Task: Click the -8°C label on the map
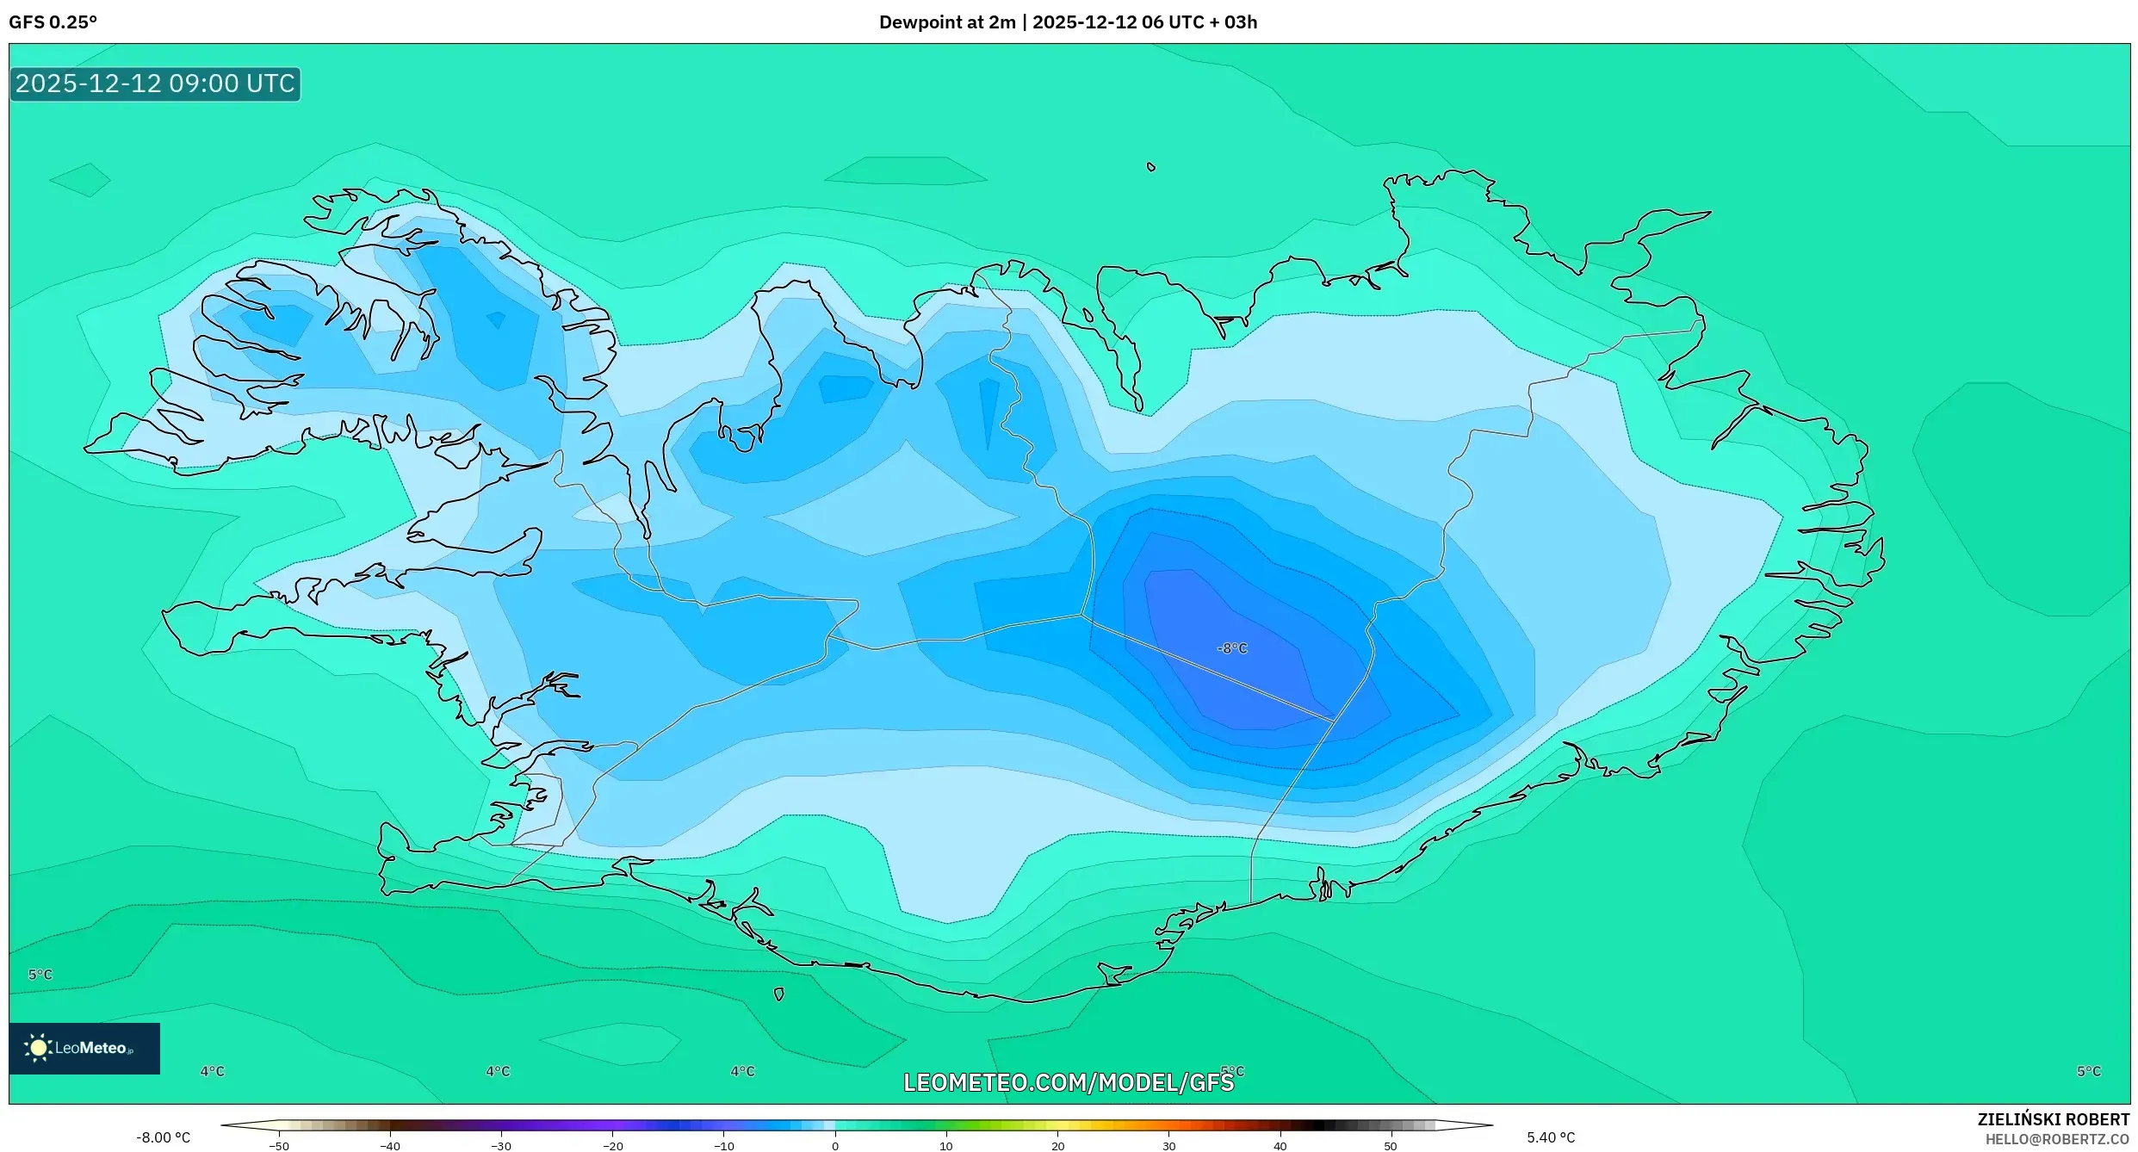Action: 1232,648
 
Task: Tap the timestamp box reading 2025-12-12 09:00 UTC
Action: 155,84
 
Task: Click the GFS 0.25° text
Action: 53,22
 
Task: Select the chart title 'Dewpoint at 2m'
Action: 946,22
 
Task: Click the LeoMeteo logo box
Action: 84,1048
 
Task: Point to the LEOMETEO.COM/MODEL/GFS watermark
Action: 1068,1082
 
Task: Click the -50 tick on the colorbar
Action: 279,1146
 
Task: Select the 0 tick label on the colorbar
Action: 834,1146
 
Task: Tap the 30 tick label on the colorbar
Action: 1168,1146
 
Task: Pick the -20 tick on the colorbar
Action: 612,1146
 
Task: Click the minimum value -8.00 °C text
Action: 163,1137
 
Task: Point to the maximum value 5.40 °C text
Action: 1551,1137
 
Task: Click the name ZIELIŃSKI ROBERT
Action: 2053,1119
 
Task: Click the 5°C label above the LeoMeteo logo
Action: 40,975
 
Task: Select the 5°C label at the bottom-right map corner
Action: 2088,1071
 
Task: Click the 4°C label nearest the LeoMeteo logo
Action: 212,1071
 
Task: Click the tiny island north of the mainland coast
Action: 1151,167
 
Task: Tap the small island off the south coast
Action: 778,994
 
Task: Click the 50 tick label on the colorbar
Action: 1390,1146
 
